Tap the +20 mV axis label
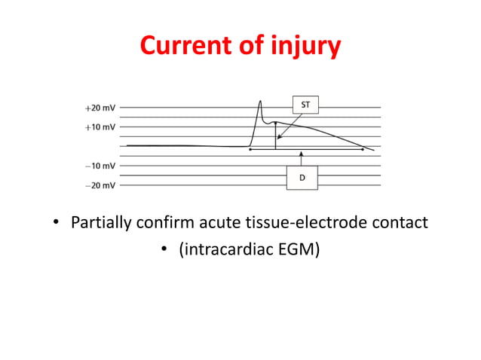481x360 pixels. tap(100, 108)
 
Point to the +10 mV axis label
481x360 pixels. tap(100, 127)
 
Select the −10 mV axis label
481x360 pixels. tap(100, 166)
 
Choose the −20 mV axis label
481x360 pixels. tap(100, 185)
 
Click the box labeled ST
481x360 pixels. tap(305, 105)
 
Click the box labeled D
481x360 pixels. tap(302, 178)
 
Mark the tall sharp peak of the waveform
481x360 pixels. tap(260, 101)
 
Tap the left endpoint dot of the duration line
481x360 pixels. tap(250, 149)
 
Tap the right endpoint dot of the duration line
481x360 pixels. tap(363, 149)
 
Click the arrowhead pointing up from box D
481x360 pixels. tap(302, 153)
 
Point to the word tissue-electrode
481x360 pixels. tap(305, 224)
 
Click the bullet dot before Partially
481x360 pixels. tap(56, 224)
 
